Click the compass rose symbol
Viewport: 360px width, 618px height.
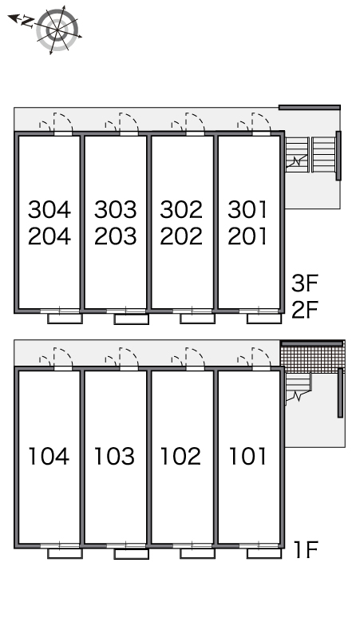tap(57, 30)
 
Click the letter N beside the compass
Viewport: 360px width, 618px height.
tap(27, 21)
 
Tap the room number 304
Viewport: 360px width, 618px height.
tap(49, 209)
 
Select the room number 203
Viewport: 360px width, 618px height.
tap(116, 236)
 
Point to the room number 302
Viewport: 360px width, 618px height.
tap(181, 209)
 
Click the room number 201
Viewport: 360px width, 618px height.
tap(247, 236)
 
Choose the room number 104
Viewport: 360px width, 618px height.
tap(49, 456)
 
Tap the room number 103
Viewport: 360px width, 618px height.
tap(114, 456)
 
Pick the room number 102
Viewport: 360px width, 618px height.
tap(180, 456)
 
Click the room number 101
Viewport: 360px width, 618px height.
tap(247, 456)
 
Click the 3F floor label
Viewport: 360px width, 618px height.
tap(304, 283)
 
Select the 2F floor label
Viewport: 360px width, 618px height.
tap(304, 309)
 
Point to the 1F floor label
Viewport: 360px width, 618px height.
tap(306, 549)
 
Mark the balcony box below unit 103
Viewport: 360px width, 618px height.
tap(131, 554)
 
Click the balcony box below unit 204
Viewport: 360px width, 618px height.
tap(65, 319)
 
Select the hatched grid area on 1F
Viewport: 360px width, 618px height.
tap(313, 358)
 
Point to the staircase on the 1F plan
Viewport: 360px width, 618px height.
tap(299, 387)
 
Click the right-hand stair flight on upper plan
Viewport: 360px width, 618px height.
tap(323, 155)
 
